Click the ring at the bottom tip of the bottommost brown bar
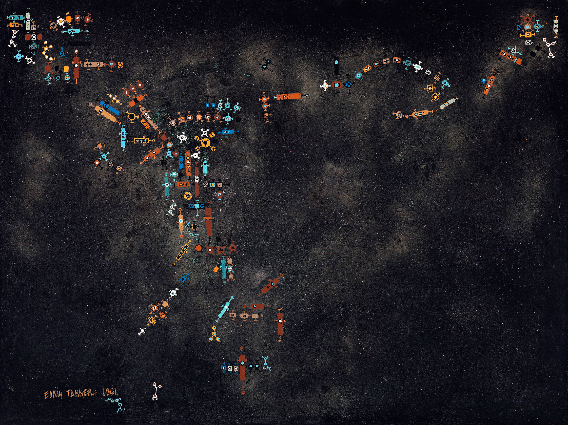(x=243, y=392)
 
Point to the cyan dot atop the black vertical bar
(x=336, y=62)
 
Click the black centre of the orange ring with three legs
(x=131, y=117)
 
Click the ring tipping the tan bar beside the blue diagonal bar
(x=90, y=104)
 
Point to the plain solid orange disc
(x=199, y=248)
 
